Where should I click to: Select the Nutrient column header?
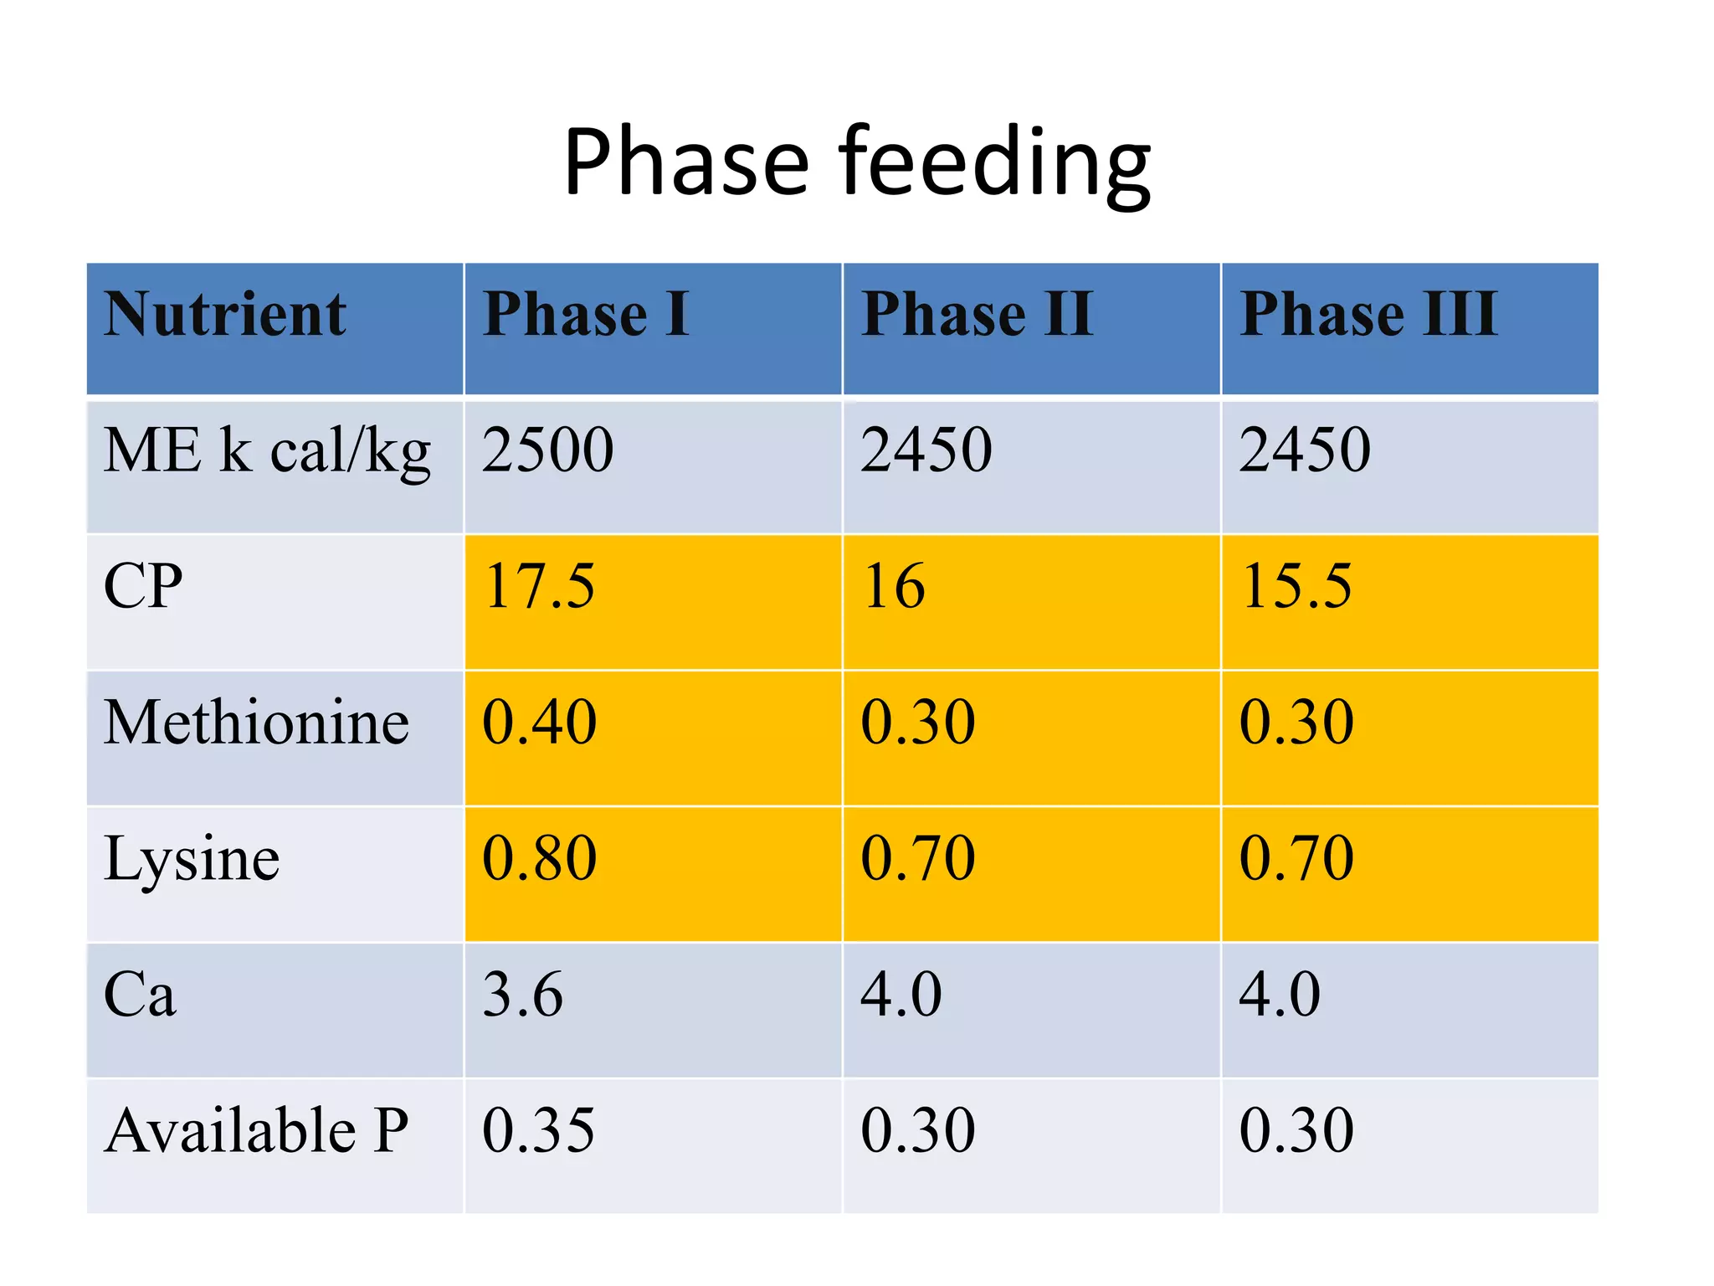(x=224, y=315)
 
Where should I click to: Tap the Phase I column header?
(x=586, y=315)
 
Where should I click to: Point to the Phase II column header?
(x=978, y=315)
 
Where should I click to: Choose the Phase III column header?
(x=1368, y=315)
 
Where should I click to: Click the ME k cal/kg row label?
(x=267, y=451)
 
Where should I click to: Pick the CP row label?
(x=143, y=586)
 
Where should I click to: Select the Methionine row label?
(x=256, y=722)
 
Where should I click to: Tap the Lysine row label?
(x=192, y=859)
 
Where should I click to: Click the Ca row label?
(x=140, y=995)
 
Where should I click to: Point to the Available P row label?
(x=256, y=1130)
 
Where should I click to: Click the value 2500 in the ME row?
(x=547, y=450)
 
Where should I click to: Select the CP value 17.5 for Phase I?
(x=539, y=586)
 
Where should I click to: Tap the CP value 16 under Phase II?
(x=894, y=586)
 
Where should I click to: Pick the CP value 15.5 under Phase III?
(x=1296, y=586)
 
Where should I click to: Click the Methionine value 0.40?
(x=539, y=722)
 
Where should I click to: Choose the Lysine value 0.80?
(x=539, y=859)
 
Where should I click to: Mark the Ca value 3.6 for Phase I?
(x=522, y=995)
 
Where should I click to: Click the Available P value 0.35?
(x=538, y=1130)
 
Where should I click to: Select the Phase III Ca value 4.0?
(x=1280, y=995)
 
